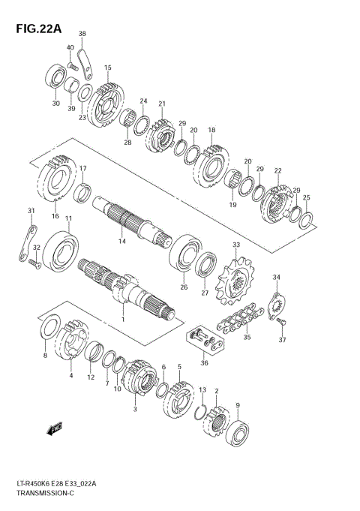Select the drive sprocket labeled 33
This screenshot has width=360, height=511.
[234, 281]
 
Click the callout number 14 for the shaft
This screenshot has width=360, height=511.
[121, 242]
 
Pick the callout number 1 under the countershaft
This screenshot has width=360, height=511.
[122, 320]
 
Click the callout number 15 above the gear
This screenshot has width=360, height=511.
[108, 68]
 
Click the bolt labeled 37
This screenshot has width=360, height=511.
[282, 322]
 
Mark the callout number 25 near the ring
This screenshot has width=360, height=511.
[306, 198]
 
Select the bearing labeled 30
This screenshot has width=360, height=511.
[56, 77]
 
